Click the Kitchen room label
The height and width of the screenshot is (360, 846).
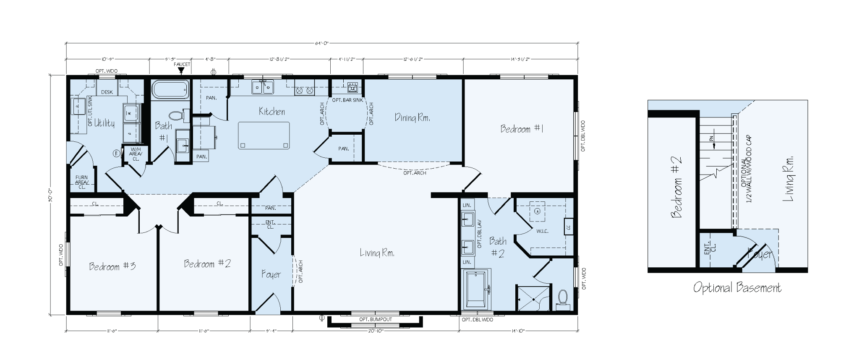pos(272,112)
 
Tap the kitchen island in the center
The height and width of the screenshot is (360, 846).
pos(264,135)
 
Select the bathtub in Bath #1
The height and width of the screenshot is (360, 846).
pos(170,90)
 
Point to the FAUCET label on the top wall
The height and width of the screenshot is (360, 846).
pos(182,64)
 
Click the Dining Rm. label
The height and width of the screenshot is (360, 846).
pos(412,117)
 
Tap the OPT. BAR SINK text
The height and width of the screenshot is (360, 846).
pos(347,100)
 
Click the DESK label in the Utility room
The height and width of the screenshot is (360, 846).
pos(107,92)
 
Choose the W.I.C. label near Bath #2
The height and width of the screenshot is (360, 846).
pos(542,231)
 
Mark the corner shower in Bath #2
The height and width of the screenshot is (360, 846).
pos(532,299)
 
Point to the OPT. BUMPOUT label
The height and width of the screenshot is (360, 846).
pos(376,319)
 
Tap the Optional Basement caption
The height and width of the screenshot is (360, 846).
pos(737,288)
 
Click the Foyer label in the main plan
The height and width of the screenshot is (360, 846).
pos(271,274)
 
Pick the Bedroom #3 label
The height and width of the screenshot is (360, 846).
pos(112,266)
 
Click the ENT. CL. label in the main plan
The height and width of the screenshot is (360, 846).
pos(270,224)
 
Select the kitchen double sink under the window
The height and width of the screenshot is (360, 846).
pos(263,87)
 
